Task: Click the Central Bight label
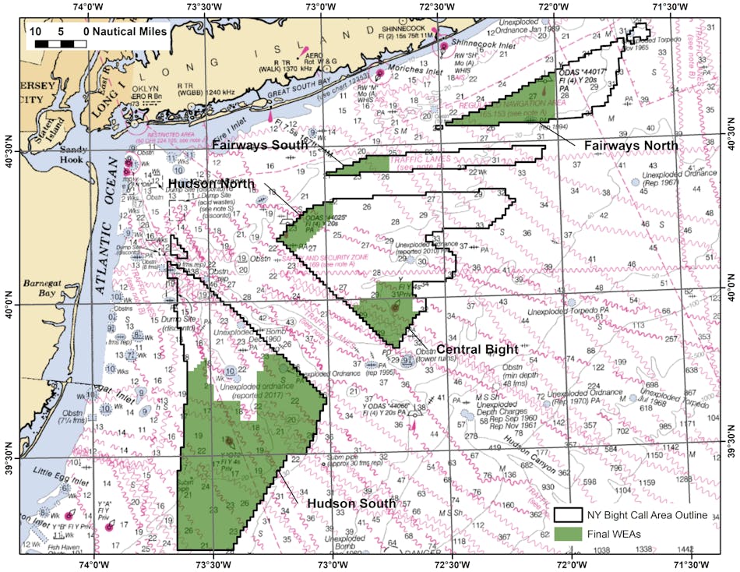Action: tap(478, 348)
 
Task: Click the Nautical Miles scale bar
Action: tap(59, 44)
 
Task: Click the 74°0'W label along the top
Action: tap(92, 7)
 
